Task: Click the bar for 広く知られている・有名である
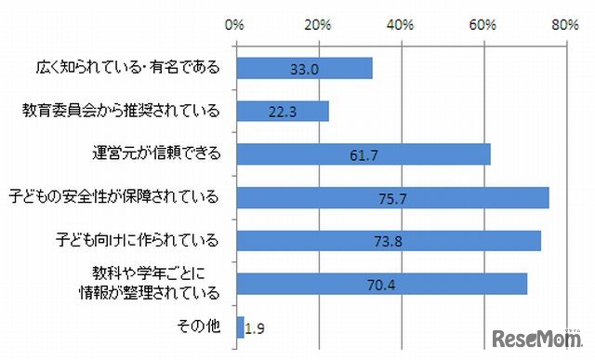305,68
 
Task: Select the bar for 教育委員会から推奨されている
284,112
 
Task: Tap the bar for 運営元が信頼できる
364,154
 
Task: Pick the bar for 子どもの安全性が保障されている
392,197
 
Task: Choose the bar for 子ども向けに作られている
389,241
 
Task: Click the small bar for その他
241,327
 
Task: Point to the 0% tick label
235,26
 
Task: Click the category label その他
197,327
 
